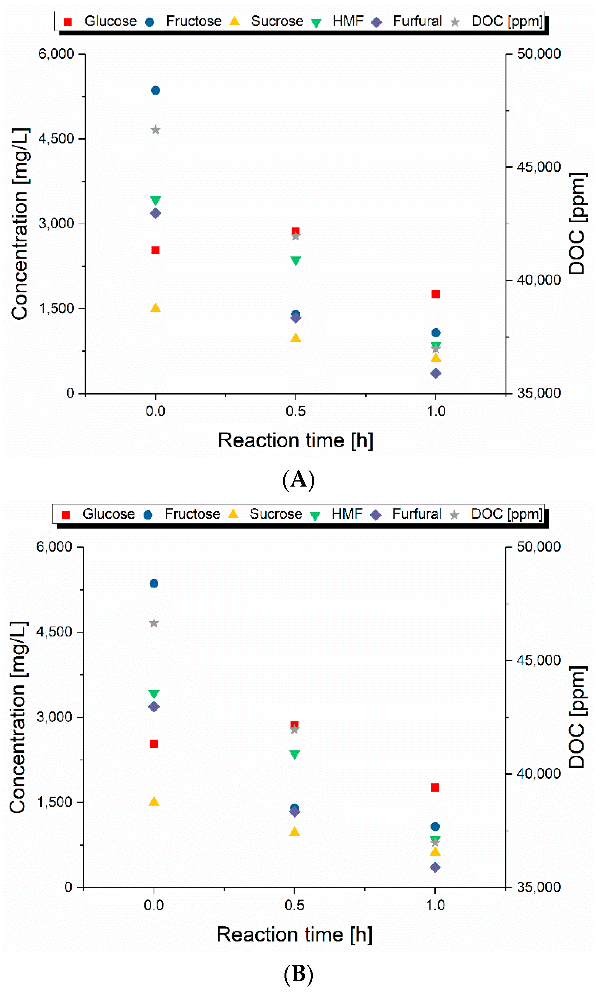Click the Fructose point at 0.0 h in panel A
156,90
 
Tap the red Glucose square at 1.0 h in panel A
436,294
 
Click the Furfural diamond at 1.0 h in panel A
436,373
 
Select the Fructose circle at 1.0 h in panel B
435,827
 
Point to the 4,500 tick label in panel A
56,139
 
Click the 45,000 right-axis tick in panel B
539,660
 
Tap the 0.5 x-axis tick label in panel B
294,905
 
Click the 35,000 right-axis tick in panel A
539,393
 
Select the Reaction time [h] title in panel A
295,440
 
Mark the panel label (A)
298,480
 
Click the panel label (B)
298,974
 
